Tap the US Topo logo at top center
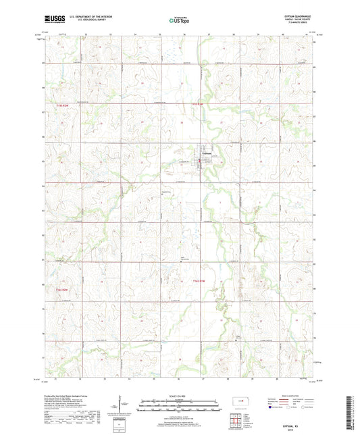coord(179,20)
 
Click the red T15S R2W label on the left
coord(63,105)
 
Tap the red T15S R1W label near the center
coord(197,103)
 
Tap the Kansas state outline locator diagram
coord(240,403)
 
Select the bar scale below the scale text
coord(179,407)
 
